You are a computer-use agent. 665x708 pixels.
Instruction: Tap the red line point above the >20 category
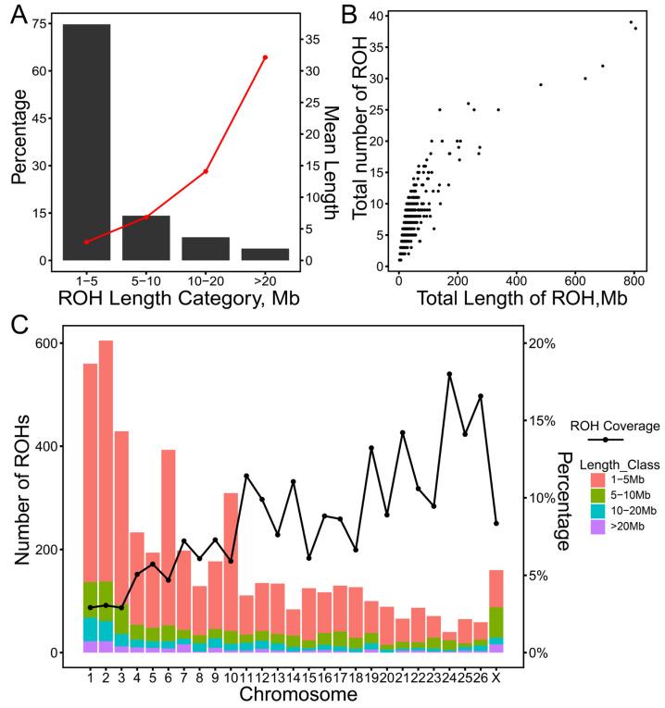pos(265,57)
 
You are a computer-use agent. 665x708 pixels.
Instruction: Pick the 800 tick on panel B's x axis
pos(631,280)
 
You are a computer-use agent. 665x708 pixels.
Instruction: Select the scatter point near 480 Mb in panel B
pos(540,84)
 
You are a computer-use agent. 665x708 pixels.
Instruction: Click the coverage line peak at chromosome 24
pos(450,374)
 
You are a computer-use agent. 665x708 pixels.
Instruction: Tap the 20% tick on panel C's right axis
pos(540,343)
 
